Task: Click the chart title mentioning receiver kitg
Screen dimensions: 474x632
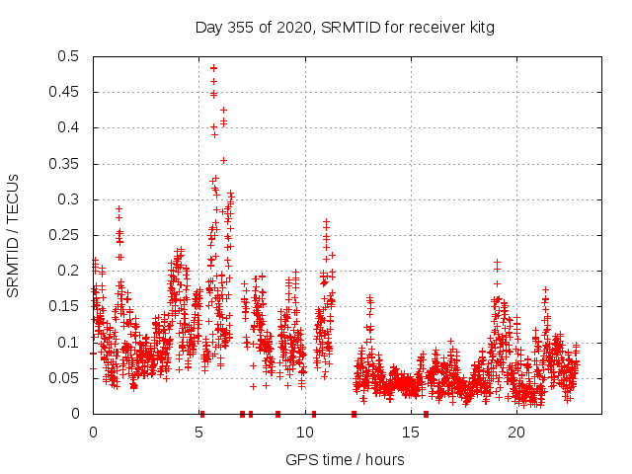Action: click(x=345, y=27)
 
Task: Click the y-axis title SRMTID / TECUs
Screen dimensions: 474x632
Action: click(x=13, y=235)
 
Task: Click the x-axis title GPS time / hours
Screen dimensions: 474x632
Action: click(x=345, y=459)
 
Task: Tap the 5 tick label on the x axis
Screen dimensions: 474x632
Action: click(x=199, y=433)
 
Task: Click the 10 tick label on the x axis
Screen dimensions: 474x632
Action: click(x=305, y=433)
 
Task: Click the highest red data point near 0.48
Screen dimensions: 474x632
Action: click(x=213, y=68)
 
